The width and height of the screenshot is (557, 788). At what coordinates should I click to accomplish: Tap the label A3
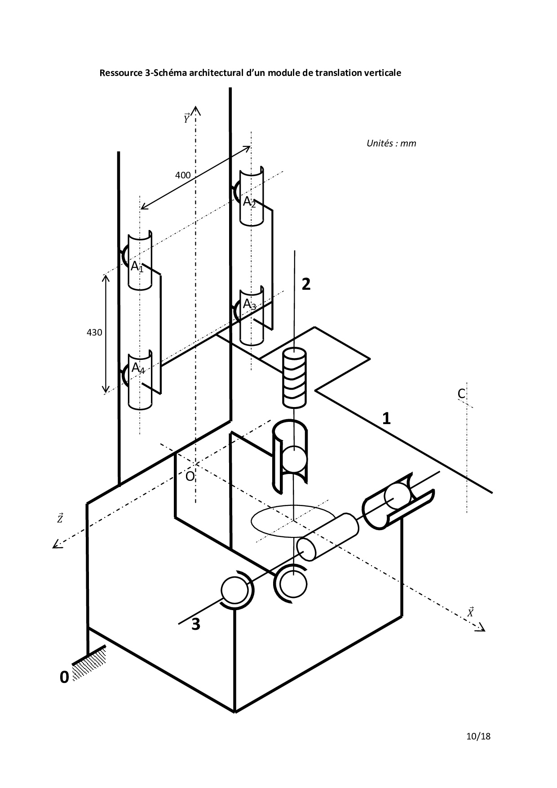point(249,305)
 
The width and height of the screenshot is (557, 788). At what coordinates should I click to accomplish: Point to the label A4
point(138,368)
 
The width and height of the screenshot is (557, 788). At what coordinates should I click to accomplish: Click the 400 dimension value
point(183,175)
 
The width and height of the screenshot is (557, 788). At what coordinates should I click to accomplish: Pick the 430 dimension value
point(94,332)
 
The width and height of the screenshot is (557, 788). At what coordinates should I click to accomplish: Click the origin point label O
point(190,476)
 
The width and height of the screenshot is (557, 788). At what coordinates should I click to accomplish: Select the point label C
point(461,394)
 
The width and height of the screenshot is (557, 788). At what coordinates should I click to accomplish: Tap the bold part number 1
point(386,419)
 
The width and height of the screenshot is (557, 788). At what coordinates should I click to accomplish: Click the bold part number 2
point(306,284)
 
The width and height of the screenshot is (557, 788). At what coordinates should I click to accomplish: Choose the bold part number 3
point(196,624)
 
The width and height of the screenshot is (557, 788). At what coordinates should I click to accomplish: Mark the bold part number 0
point(64,677)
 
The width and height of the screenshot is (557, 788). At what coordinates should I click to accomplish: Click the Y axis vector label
point(186,119)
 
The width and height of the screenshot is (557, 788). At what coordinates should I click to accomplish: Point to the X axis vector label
point(470,612)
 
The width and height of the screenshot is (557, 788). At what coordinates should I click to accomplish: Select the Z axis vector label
point(60,518)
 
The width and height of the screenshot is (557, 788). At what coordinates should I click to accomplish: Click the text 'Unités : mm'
point(391,143)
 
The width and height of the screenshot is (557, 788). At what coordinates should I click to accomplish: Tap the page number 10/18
point(478,736)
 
